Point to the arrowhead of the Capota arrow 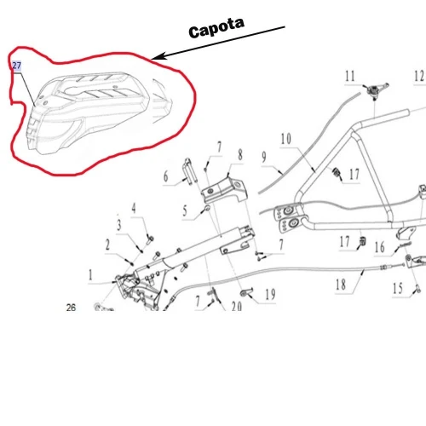pyautogui.click(x=156, y=58)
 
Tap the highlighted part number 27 pyautogui.click(x=16, y=66)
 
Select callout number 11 pyautogui.click(x=349, y=77)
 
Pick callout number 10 pyautogui.click(x=285, y=138)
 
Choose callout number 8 pyautogui.click(x=240, y=155)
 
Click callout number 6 pyautogui.click(x=167, y=176)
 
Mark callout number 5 pyautogui.click(x=184, y=210)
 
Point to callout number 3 pyautogui.click(x=119, y=225)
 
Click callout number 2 pyautogui.click(x=108, y=245)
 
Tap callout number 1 pyautogui.click(x=90, y=274)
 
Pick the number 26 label pyautogui.click(x=71, y=308)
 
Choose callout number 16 pyautogui.click(x=380, y=248)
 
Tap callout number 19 pyautogui.click(x=269, y=295)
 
